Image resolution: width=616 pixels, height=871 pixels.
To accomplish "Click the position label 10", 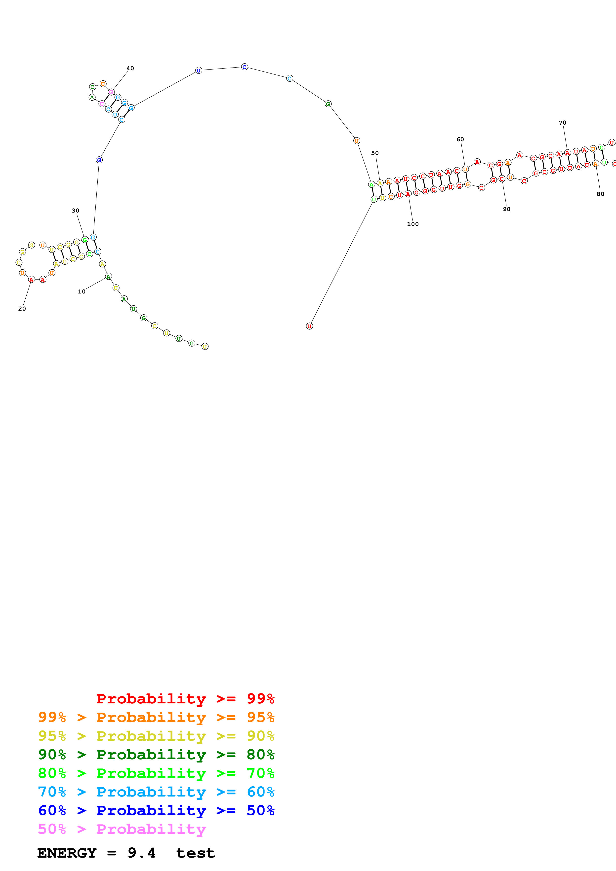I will point(82,291).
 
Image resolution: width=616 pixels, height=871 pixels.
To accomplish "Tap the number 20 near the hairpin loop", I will point(22,308).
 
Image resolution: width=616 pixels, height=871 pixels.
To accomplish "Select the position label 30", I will point(76,211).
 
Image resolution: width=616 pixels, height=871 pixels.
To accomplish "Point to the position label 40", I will point(130,68).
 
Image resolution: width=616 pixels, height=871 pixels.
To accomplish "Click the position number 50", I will point(375,153).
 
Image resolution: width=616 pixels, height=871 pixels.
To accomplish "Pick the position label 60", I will point(460,139).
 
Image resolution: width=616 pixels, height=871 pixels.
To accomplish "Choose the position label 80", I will point(600,194).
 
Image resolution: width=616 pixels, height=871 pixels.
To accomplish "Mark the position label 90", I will point(506,209).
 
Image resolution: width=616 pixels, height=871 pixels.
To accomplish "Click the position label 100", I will point(412,224).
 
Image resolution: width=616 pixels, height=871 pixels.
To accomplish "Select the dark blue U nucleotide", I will point(199,71).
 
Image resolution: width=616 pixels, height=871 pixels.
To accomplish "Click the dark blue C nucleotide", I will point(245,67).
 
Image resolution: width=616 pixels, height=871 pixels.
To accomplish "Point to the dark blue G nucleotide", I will point(99,160).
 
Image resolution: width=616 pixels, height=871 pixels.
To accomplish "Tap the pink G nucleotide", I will point(111,92).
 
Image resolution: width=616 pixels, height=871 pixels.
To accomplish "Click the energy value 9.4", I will point(142,853).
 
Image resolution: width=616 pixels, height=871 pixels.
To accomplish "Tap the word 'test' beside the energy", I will point(196,853).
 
